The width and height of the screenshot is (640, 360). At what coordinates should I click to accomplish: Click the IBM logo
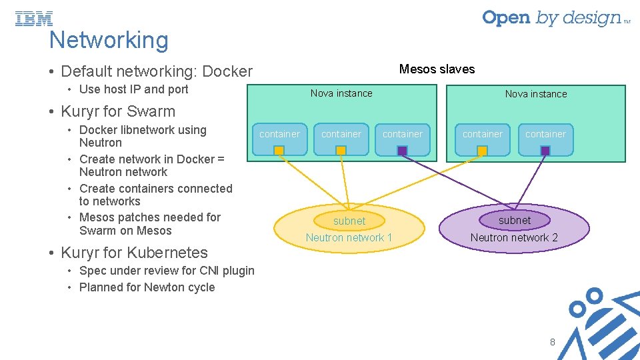click(x=34, y=19)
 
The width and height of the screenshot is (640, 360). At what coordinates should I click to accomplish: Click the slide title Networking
click(x=109, y=40)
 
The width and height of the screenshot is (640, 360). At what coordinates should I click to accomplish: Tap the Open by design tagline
click(x=556, y=19)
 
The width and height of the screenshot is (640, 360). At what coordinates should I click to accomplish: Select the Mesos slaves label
click(x=437, y=69)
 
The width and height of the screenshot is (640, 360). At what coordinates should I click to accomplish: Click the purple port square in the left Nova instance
click(x=402, y=151)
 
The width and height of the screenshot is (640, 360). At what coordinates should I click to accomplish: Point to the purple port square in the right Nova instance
click(x=545, y=151)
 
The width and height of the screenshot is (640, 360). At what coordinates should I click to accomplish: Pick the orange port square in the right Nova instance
click(x=482, y=151)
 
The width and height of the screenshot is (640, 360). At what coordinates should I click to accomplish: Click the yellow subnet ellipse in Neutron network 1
click(x=349, y=221)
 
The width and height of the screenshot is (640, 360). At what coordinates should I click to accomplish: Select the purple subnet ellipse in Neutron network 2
click(x=515, y=221)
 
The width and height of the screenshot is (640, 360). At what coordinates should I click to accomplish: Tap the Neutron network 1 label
click(x=349, y=237)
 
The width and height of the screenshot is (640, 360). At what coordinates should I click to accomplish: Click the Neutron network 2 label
click(x=514, y=237)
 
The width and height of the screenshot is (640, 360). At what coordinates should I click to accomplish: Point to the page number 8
click(x=552, y=342)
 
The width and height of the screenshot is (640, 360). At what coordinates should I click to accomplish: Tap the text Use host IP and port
click(x=134, y=89)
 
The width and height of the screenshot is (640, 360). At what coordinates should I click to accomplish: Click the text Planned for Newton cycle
click(x=147, y=287)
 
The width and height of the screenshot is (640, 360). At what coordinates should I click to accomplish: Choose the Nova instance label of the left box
click(x=341, y=93)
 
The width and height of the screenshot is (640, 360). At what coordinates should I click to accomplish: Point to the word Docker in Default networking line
click(x=227, y=71)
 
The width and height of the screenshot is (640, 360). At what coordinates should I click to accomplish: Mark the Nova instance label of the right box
click(x=536, y=94)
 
